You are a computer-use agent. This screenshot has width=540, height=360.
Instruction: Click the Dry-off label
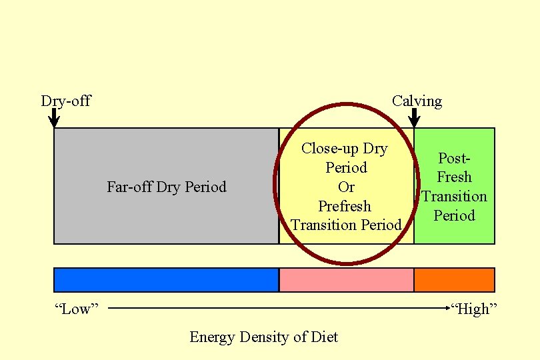65,101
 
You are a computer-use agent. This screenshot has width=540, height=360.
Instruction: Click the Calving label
417,101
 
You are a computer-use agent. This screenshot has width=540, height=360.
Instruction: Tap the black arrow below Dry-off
54,118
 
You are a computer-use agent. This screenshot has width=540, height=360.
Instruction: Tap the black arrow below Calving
414,118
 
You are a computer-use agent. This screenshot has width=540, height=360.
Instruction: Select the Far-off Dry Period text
167,187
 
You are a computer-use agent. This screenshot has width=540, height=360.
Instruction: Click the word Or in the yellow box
346,187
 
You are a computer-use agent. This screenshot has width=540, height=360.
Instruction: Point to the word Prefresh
345,206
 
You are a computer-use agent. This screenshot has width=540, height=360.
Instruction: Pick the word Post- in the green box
454,158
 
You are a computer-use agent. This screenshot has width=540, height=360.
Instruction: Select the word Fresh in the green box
454,177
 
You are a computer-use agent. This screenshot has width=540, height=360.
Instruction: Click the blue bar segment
166,280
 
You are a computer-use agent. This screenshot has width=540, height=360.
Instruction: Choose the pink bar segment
346,280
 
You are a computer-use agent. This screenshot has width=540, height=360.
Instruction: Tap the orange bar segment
454,280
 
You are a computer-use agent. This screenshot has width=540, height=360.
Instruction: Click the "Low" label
76,309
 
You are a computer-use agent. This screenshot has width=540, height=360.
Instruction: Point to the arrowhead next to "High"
448,308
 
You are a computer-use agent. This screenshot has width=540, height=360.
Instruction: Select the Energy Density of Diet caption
263,337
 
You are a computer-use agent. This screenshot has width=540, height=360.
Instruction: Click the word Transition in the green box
455,197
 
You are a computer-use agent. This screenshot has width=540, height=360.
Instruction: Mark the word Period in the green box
454,215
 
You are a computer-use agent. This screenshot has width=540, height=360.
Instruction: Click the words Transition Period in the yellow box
346,225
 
